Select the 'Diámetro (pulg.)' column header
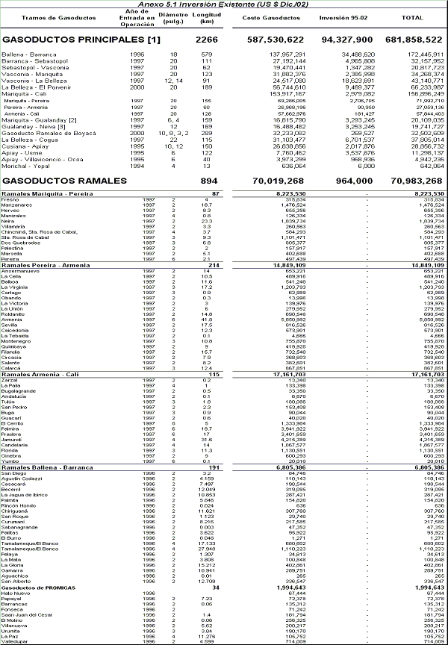click(x=174, y=17)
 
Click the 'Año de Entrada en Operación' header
click(x=137, y=17)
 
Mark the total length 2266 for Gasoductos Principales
click(x=206, y=38)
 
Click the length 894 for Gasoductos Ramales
click(x=208, y=181)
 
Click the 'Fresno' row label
click(x=10, y=199)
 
